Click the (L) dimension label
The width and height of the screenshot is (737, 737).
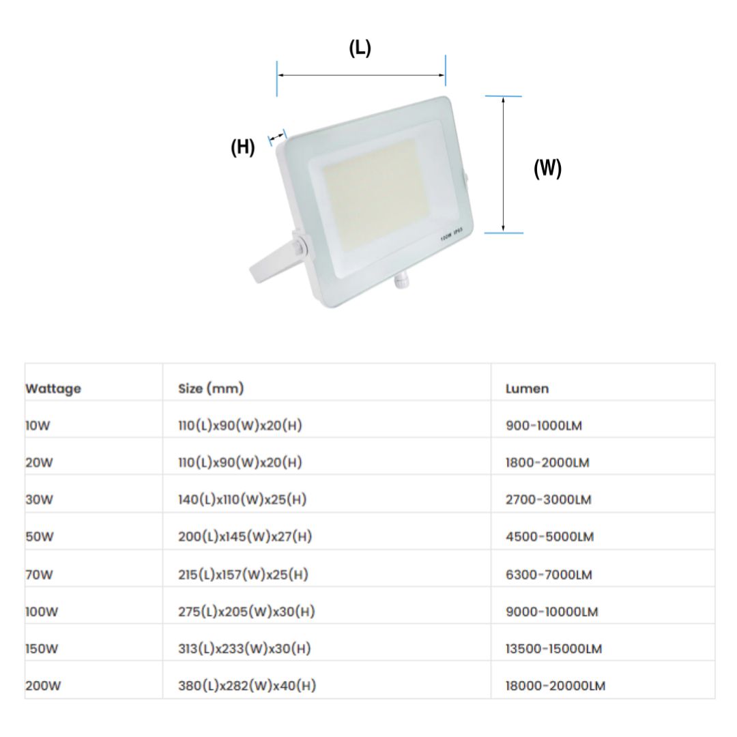click(360, 48)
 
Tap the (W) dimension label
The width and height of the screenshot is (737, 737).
click(547, 168)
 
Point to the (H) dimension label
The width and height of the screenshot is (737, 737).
click(243, 147)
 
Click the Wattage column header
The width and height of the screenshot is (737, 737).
click(53, 389)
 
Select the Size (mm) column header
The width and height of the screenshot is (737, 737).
click(211, 388)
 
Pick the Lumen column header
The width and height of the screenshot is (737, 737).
click(527, 389)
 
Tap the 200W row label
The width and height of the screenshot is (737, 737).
click(43, 686)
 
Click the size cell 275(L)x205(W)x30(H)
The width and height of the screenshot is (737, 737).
click(246, 611)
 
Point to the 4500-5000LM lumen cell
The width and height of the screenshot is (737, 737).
click(549, 537)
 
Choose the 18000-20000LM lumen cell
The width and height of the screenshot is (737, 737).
click(555, 686)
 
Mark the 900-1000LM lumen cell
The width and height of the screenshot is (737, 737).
click(543, 426)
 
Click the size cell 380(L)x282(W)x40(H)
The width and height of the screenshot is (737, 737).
click(246, 686)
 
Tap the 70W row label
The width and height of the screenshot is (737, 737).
click(39, 575)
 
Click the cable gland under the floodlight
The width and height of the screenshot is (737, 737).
click(402, 280)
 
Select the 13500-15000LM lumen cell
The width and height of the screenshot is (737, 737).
click(553, 649)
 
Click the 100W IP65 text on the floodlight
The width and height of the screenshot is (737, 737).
click(452, 236)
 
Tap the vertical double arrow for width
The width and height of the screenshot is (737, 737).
click(503, 164)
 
